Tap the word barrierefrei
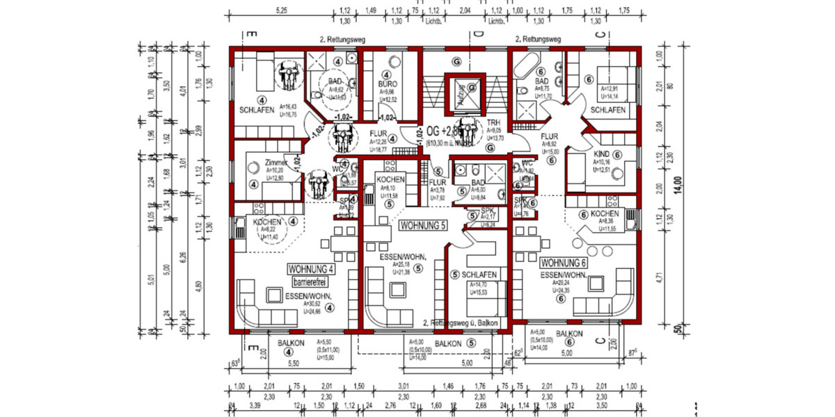click(x=310, y=282)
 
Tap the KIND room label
click(x=602, y=154)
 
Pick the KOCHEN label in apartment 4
click(x=267, y=222)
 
